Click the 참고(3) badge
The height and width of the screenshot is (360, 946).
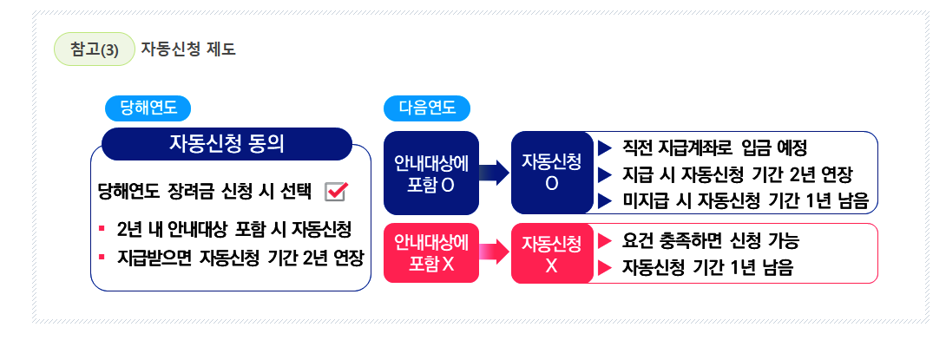(x=94, y=49)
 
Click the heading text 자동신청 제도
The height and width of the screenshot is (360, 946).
(x=187, y=49)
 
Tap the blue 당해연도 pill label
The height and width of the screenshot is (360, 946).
(x=148, y=108)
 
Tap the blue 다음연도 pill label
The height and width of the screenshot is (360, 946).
(x=426, y=108)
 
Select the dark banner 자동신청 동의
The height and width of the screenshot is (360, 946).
(x=227, y=144)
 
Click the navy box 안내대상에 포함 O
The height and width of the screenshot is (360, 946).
(x=431, y=173)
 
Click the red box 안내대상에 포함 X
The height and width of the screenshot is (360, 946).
(x=431, y=252)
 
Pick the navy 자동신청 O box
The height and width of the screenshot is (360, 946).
(x=551, y=173)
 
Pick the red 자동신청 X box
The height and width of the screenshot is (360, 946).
(x=551, y=252)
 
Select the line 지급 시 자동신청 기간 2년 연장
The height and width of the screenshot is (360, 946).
(x=737, y=173)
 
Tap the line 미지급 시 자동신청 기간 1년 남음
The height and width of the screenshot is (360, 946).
(x=745, y=200)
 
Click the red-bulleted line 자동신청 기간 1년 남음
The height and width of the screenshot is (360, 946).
(x=706, y=267)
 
